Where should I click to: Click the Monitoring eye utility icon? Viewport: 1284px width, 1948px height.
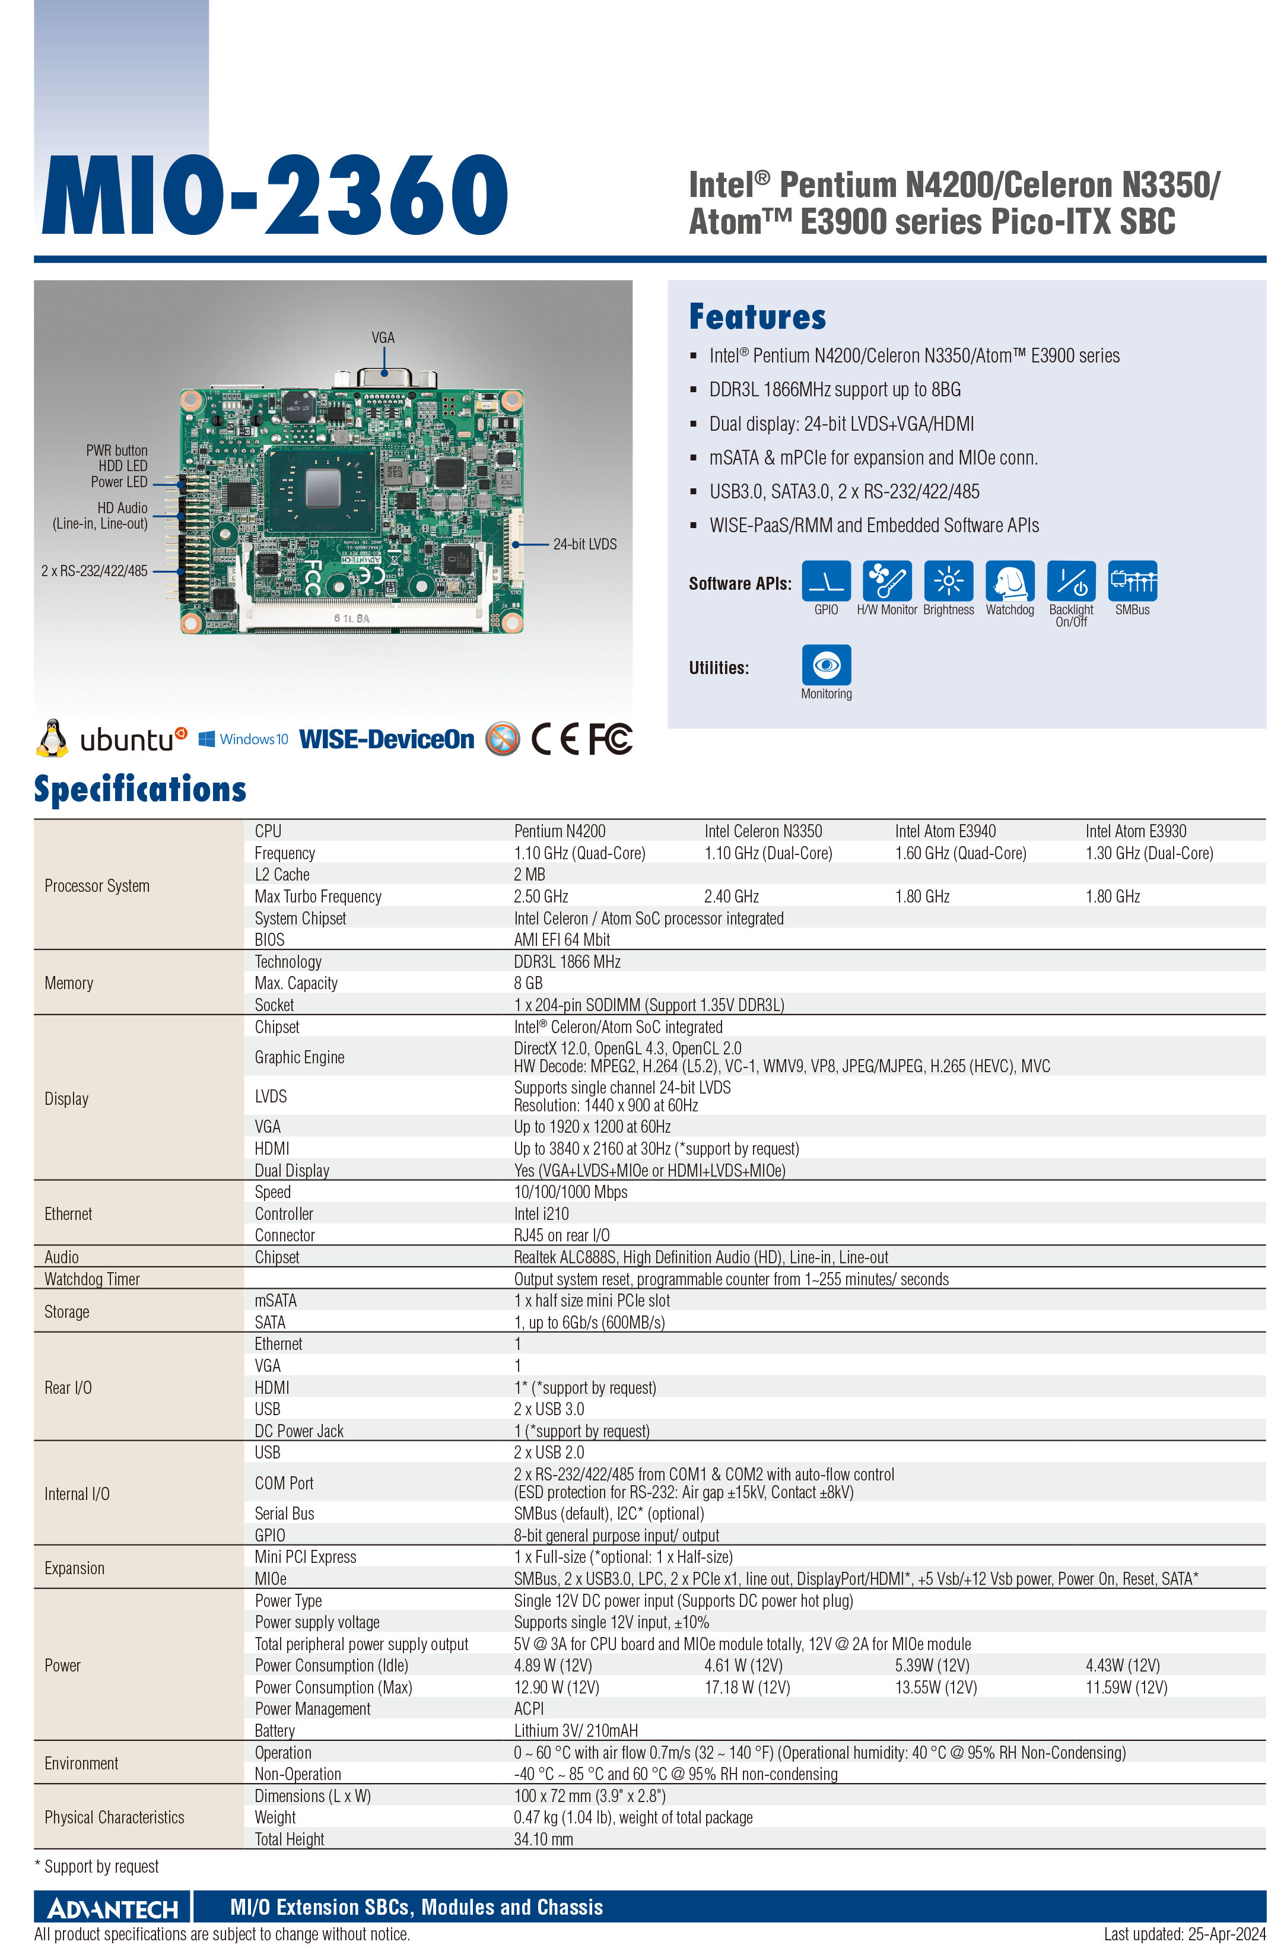tap(827, 664)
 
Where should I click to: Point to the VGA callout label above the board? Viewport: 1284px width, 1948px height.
tap(383, 338)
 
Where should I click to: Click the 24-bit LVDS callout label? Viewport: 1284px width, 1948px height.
tap(584, 544)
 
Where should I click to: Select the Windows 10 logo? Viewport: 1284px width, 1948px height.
tap(243, 739)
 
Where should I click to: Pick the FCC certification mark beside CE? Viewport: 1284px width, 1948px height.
tap(610, 739)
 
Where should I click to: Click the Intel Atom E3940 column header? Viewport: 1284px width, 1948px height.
tap(945, 831)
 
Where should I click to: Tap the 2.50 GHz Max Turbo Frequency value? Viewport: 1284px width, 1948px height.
tap(541, 897)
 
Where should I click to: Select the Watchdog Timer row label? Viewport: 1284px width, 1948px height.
tap(93, 1279)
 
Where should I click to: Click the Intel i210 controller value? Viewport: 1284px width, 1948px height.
tap(541, 1213)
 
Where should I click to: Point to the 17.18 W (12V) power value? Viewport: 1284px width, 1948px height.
tap(747, 1688)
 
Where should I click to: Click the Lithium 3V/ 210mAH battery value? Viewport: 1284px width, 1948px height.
tap(576, 1730)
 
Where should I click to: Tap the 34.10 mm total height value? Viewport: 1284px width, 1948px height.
tap(544, 1839)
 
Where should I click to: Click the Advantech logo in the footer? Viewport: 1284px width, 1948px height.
tap(113, 1909)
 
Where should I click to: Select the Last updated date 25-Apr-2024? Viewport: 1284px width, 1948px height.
tap(1184, 1934)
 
